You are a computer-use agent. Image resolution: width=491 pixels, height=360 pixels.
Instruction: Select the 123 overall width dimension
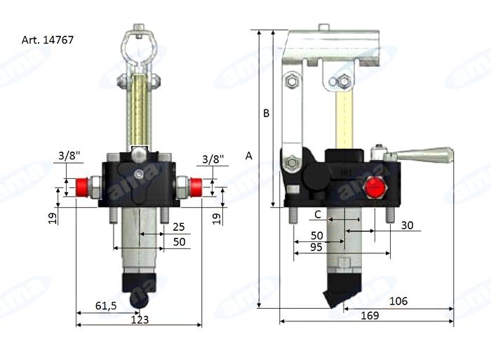pos(139,319)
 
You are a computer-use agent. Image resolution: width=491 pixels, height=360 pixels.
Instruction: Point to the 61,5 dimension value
pos(106,305)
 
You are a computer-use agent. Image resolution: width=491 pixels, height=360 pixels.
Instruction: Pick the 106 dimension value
pos(397,302)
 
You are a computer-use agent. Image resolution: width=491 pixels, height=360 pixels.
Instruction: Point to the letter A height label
pos(249,157)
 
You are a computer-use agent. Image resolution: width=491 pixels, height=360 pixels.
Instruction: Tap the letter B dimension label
pos(266,113)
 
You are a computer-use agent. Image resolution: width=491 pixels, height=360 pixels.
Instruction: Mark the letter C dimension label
pos(317,213)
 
